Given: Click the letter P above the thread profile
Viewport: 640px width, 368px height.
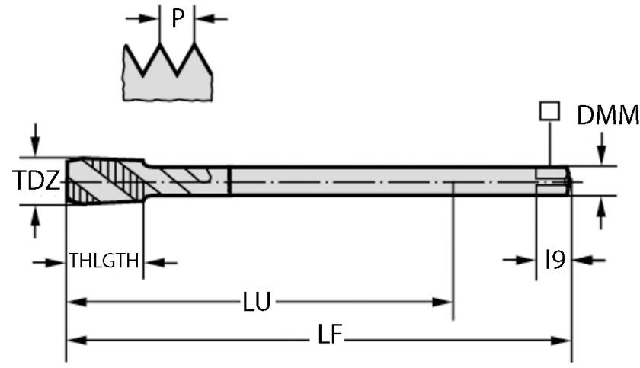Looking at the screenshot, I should pos(178,18).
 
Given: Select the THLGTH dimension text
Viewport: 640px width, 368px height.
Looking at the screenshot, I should pos(104,262).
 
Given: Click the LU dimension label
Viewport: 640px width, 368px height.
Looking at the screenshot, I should pos(257,302).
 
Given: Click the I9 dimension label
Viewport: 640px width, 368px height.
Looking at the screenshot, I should pos(555,261).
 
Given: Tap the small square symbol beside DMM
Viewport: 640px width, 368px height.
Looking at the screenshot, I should pos(547,111).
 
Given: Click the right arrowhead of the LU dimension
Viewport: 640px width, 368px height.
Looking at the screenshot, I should pos(446,302).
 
